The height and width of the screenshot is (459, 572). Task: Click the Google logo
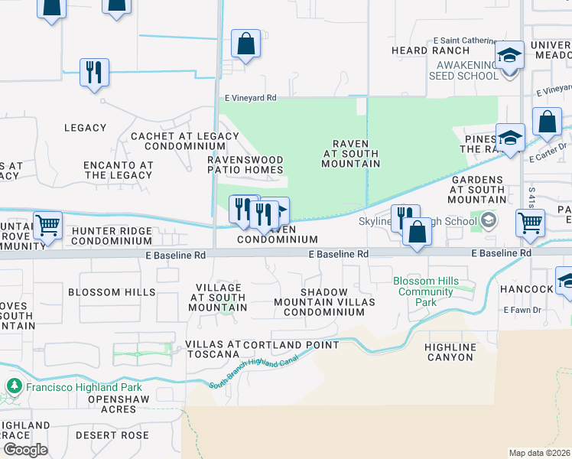(x=24, y=450)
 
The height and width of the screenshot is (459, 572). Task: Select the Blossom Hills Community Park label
(x=426, y=291)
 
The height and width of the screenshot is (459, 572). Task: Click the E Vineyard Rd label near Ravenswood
(x=250, y=99)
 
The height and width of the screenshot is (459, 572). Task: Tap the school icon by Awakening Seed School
(x=509, y=56)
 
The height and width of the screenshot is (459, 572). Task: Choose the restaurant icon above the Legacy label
(x=94, y=73)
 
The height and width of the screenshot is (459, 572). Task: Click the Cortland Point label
(x=291, y=345)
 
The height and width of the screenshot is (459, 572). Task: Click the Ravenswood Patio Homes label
(x=245, y=164)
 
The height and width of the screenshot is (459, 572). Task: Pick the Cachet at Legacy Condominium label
(x=185, y=141)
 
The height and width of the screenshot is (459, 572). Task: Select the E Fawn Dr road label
(x=522, y=310)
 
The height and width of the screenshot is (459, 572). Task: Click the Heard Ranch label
(x=419, y=50)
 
